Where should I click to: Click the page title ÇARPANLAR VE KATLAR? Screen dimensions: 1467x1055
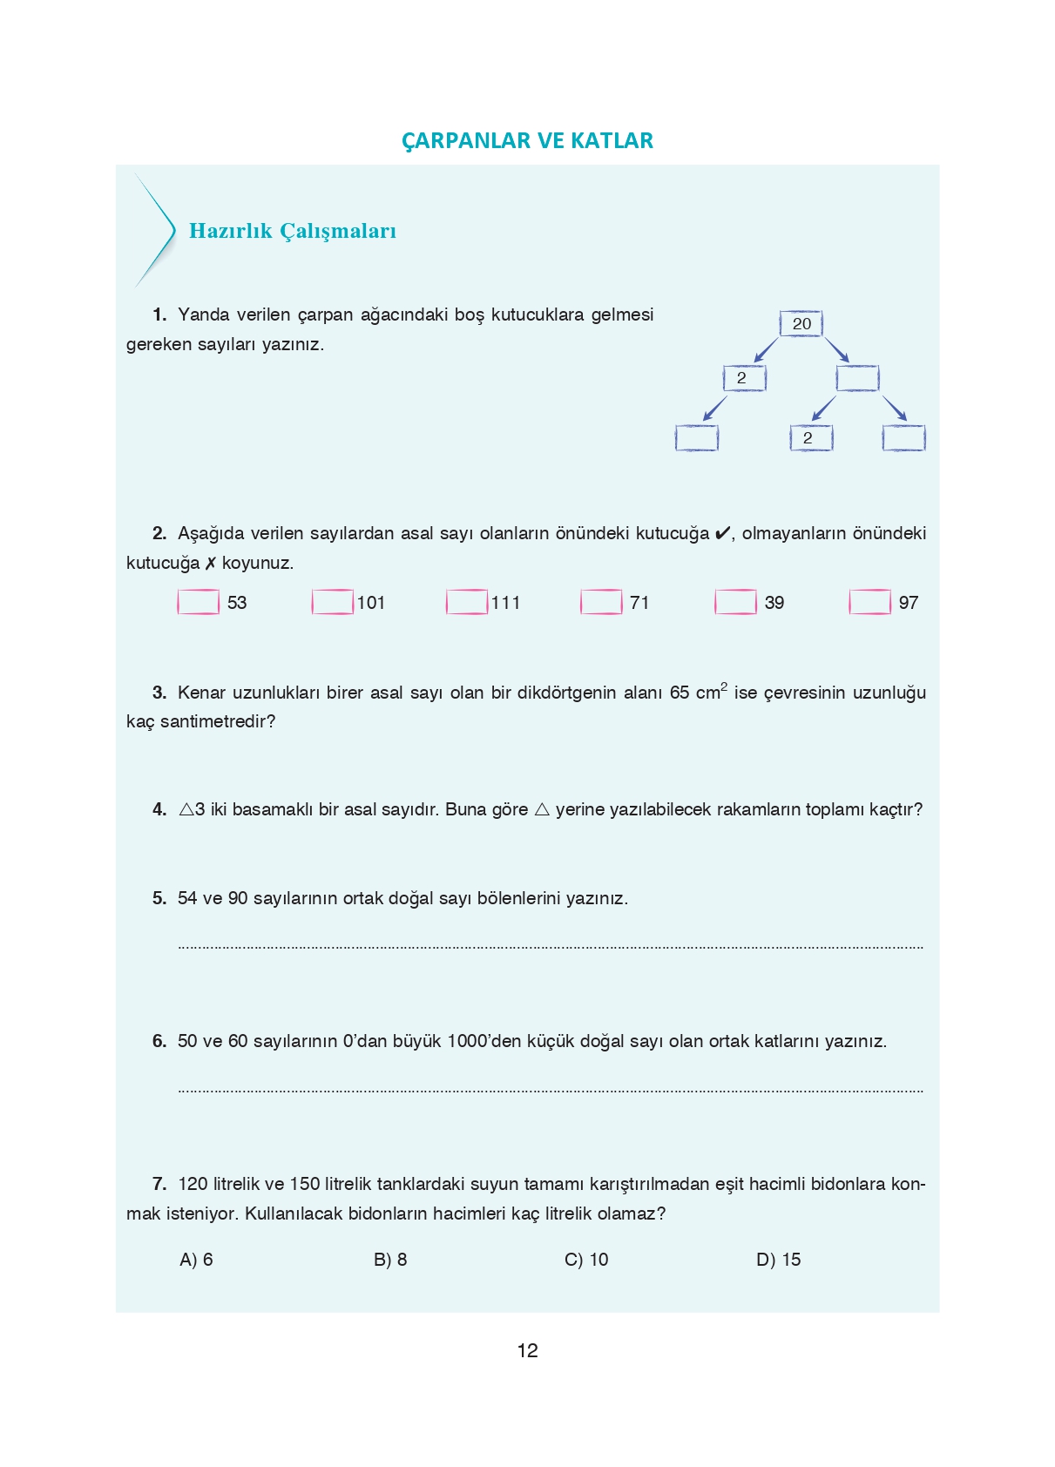(x=527, y=140)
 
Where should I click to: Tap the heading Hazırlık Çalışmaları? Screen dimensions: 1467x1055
(x=292, y=231)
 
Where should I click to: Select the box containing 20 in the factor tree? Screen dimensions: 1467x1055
(x=801, y=324)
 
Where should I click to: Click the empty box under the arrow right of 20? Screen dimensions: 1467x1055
(x=857, y=378)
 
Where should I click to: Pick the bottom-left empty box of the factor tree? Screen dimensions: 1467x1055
(x=697, y=438)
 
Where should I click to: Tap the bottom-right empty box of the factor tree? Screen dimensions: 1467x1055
(x=903, y=438)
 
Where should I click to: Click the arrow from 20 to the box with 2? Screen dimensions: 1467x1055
(x=766, y=350)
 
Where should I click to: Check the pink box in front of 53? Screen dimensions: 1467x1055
(x=199, y=603)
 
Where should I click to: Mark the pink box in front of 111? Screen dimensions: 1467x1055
(x=467, y=603)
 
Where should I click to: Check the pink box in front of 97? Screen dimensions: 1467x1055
(x=869, y=603)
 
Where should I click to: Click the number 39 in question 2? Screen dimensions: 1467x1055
(x=774, y=603)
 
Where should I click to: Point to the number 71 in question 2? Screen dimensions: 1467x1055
(x=639, y=603)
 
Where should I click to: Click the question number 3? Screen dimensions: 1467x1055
(x=159, y=693)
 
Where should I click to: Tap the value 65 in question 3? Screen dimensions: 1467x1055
(x=680, y=693)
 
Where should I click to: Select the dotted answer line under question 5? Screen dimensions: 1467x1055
(x=551, y=946)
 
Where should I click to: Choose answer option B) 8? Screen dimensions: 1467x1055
(x=390, y=1260)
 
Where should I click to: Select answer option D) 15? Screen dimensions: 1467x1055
(x=778, y=1260)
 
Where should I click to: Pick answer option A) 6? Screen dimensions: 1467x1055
(x=196, y=1260)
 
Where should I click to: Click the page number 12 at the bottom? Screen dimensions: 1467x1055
(x=527, y=1351)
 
